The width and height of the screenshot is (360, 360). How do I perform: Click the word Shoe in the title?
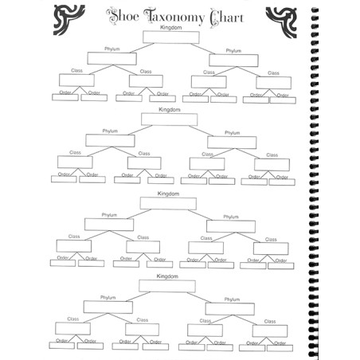pos(123,17)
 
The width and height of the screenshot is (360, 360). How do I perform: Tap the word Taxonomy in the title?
pos(174,17)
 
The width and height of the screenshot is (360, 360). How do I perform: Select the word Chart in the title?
pos(226,18)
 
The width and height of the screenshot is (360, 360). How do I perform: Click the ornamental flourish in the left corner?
pos(68,20)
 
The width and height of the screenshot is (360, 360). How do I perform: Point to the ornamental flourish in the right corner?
pos(281,22)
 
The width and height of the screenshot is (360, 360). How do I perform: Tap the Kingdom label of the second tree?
pos(170,109)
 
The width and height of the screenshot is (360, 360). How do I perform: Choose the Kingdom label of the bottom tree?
pos(167,276)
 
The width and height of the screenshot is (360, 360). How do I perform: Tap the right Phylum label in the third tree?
pos(231,217)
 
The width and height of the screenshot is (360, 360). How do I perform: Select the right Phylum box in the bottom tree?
pos(230,309)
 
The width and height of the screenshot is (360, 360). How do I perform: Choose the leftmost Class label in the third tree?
pos(74,237)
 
